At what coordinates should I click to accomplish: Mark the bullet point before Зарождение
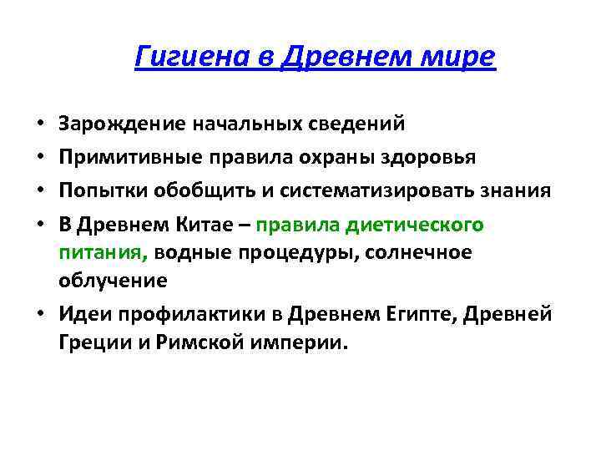(x=40, y=124)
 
